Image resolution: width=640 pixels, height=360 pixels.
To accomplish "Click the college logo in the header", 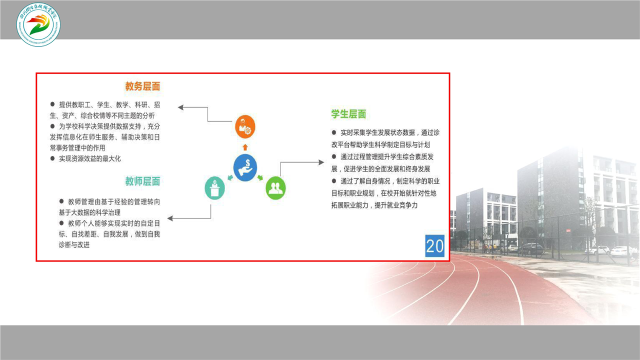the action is [38, 25].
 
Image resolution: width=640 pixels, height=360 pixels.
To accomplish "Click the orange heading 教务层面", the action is [142, 86].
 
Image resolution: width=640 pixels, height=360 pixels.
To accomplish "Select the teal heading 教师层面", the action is [142, 181].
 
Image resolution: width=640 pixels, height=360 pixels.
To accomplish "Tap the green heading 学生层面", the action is [348, 114].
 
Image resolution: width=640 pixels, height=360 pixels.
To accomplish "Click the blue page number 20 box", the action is [434, 245].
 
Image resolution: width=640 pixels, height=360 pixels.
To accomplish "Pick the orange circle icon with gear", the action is [245, 126].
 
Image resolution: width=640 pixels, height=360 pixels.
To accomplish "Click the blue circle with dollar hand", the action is [245, 167].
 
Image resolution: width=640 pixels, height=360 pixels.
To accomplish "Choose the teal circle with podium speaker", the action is [214, 188].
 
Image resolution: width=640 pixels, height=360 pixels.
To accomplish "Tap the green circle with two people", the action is [275, 188].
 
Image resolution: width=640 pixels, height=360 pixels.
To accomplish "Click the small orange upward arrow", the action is [245, 147].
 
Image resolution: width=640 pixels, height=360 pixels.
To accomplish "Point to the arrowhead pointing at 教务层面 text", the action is [180, 107].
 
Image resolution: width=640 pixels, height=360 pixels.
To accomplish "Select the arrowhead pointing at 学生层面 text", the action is [321, 162].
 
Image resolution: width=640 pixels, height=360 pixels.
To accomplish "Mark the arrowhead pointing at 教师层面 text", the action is [170, 218].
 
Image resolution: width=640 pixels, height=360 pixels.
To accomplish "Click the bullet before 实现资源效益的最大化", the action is [52, 158].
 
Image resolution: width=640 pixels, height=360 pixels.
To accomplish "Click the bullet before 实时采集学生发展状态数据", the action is [333, 132].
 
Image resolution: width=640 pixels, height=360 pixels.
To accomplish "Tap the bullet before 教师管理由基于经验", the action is [61, 201].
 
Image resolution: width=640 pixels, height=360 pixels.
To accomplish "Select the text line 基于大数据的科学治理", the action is [89, 212].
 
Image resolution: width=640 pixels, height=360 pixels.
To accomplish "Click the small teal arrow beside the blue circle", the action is [230, 177].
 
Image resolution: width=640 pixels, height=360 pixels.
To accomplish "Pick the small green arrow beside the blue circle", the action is [260, 177].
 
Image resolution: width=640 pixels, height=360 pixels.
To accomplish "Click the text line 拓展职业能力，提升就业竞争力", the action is [374, 205].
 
